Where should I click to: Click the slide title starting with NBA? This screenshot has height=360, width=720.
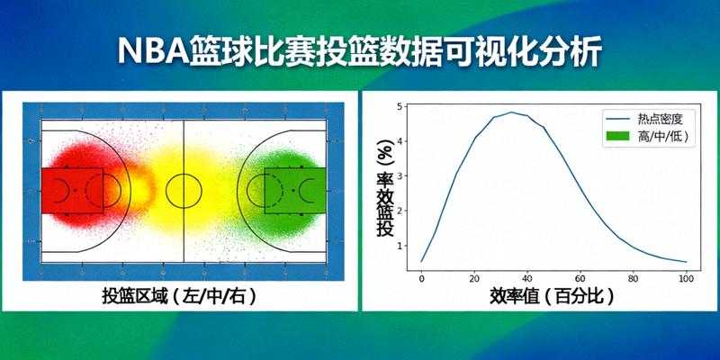tap(360, 50)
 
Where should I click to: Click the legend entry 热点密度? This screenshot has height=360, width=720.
tap(661, 118)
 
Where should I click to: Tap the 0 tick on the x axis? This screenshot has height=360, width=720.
tap(421, 279)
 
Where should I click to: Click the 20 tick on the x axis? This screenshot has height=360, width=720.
tap(474, 279)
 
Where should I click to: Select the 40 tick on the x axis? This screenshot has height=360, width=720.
tap(527, 279)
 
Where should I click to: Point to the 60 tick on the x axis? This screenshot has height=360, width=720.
tap(580, 279)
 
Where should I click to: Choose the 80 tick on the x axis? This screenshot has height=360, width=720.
tap(634, 279)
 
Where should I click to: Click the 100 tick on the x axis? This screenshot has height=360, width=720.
tap(686, 279)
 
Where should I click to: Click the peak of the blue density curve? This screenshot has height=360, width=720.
tap(511, 112)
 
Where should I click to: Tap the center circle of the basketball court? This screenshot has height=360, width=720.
tap(184, 190)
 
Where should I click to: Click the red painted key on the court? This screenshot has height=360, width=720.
tap(72, 190)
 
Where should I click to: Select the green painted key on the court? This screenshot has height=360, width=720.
tap(295, 190)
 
